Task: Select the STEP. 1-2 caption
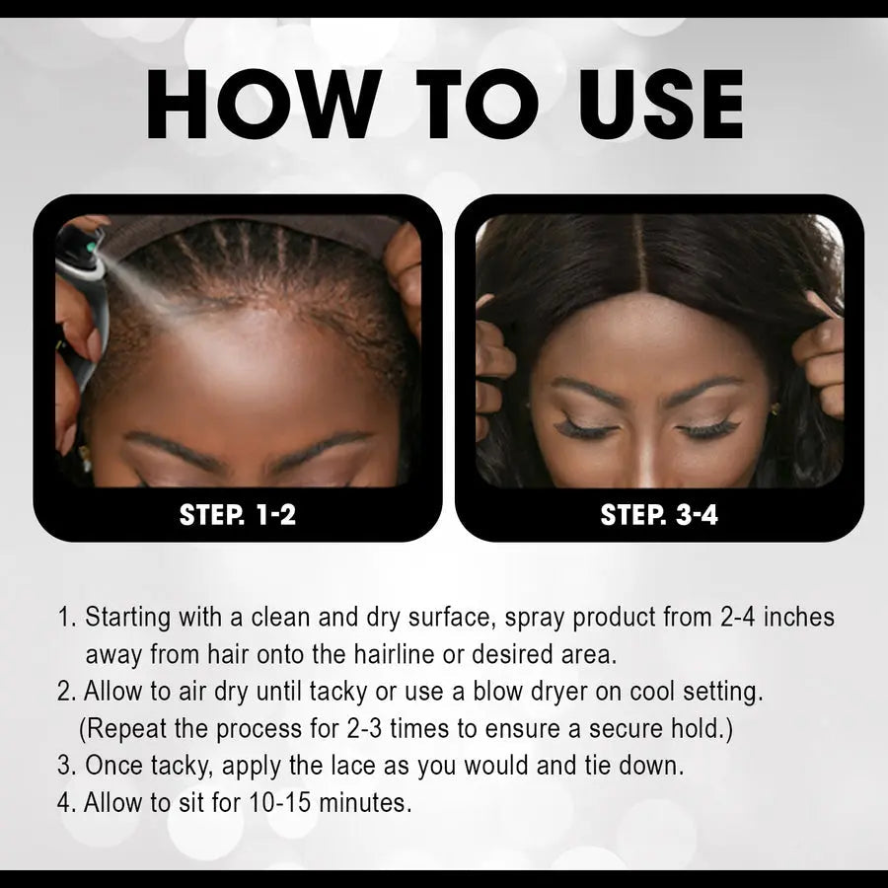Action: pyautogui.click(x=238, y=514)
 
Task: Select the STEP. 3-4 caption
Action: pyautogui.click(x=659, y=514)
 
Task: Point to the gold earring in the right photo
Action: pyautogui.click(x=776, y=407)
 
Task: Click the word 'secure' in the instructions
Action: pyautogui.click(x=642, y=729)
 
